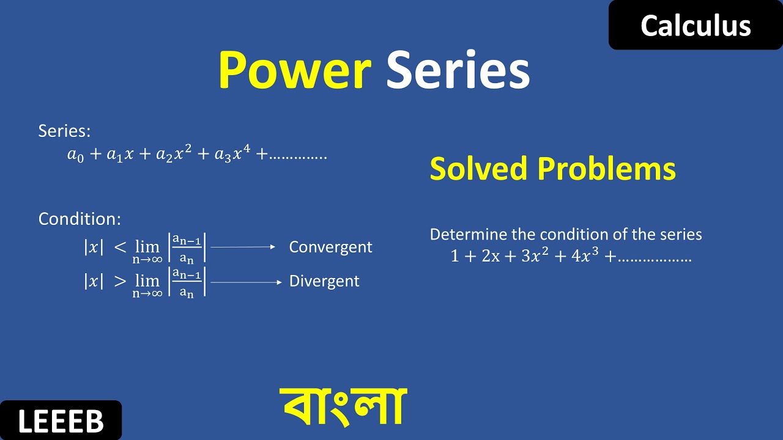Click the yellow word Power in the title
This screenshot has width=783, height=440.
(294, 71)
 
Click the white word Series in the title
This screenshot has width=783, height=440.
(458, 71)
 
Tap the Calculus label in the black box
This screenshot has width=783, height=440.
(696, 26)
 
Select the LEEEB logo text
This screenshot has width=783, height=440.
(61, 422)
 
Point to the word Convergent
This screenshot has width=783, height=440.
(330, 247)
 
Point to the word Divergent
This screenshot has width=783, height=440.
(324, 282)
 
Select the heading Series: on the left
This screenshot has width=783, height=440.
(64, 131)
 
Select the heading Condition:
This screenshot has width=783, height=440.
(80, 219)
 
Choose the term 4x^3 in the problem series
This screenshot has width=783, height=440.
(584, 256)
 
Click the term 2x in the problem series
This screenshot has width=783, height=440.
(491, 257)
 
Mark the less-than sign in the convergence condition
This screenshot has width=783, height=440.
(121, 248)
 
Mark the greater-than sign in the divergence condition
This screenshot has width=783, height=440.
(121, 282)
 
